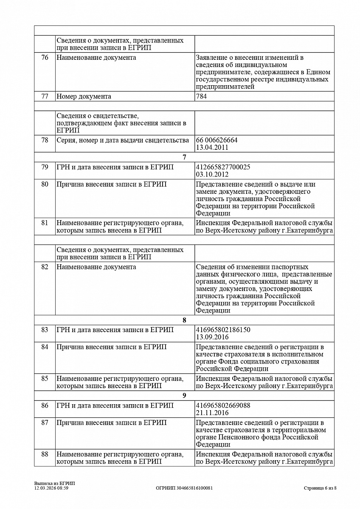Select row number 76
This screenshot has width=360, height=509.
point(45,58)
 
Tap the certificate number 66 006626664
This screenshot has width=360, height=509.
point(217,140)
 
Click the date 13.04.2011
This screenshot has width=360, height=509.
point(212,148)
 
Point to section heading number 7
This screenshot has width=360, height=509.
point(184,157)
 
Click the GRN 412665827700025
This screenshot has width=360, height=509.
point(223,167)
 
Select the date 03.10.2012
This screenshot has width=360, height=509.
point(212,174)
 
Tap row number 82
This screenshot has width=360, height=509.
point(45,267)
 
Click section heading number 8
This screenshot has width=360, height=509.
point(184,320)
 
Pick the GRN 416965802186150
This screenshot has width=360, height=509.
point(223,330)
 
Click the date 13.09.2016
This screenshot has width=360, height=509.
point(212,337)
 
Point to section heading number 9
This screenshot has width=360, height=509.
point(184,396)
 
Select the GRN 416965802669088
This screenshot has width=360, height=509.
point(223,406)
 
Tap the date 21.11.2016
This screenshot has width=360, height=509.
point(212,413)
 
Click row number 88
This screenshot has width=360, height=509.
point(45,454)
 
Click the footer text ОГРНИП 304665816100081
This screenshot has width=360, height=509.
point(184,488)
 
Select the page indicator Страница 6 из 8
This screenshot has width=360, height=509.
point(320,488)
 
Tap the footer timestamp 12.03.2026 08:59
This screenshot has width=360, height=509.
point(51,488)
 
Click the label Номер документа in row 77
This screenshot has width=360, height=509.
point(84,96)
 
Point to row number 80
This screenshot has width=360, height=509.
point(45,185)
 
